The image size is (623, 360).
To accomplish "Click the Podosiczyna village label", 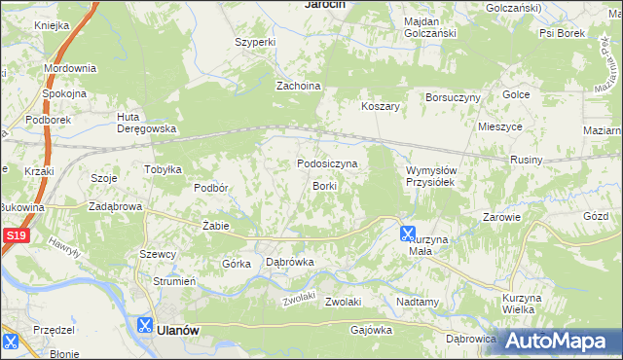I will point(327,164).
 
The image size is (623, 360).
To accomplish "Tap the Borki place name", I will point(324,185).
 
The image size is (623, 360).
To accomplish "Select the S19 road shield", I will point(14,236).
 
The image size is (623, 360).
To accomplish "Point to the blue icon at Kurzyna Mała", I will point(408,233).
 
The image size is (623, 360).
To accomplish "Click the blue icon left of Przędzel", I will point(11,342).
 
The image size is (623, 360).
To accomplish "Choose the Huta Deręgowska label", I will point(145,123).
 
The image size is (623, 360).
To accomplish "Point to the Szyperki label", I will point(256,43).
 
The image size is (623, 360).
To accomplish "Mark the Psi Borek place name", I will point(562,32).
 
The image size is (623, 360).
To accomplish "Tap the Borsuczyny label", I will point(453,98).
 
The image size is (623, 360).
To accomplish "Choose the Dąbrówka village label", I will point(289,262).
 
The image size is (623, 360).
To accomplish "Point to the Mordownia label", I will point(69,69).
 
